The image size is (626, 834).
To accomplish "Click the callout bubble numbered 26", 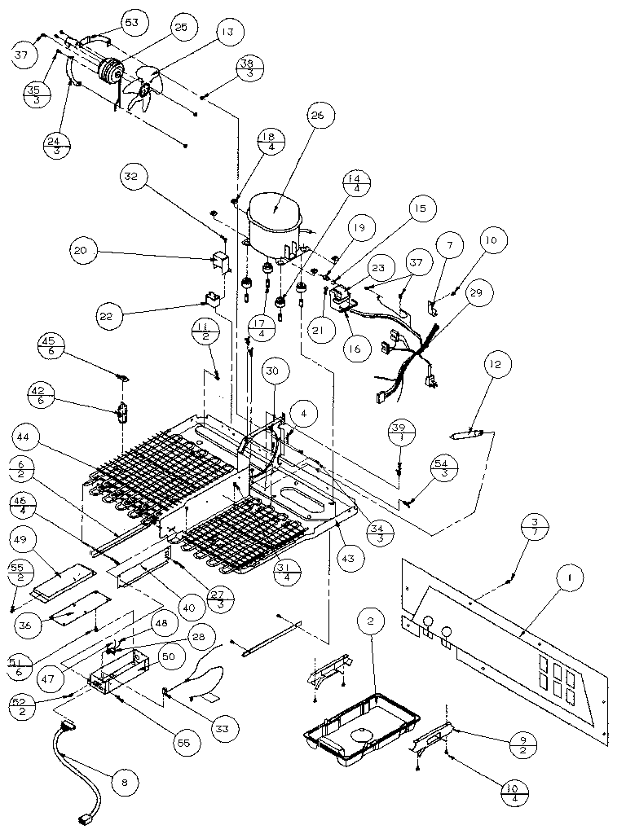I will tap(316, 116).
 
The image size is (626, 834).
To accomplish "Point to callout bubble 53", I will tap(130, 22).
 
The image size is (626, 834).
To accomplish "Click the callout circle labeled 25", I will tap(180, 28).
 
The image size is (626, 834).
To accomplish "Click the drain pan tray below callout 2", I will tap(361, 725).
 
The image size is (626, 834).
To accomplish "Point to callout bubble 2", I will tap(370, 623).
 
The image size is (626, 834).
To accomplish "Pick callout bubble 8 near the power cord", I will tap(124, 783).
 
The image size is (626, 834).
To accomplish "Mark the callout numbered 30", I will tap(271, 371).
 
